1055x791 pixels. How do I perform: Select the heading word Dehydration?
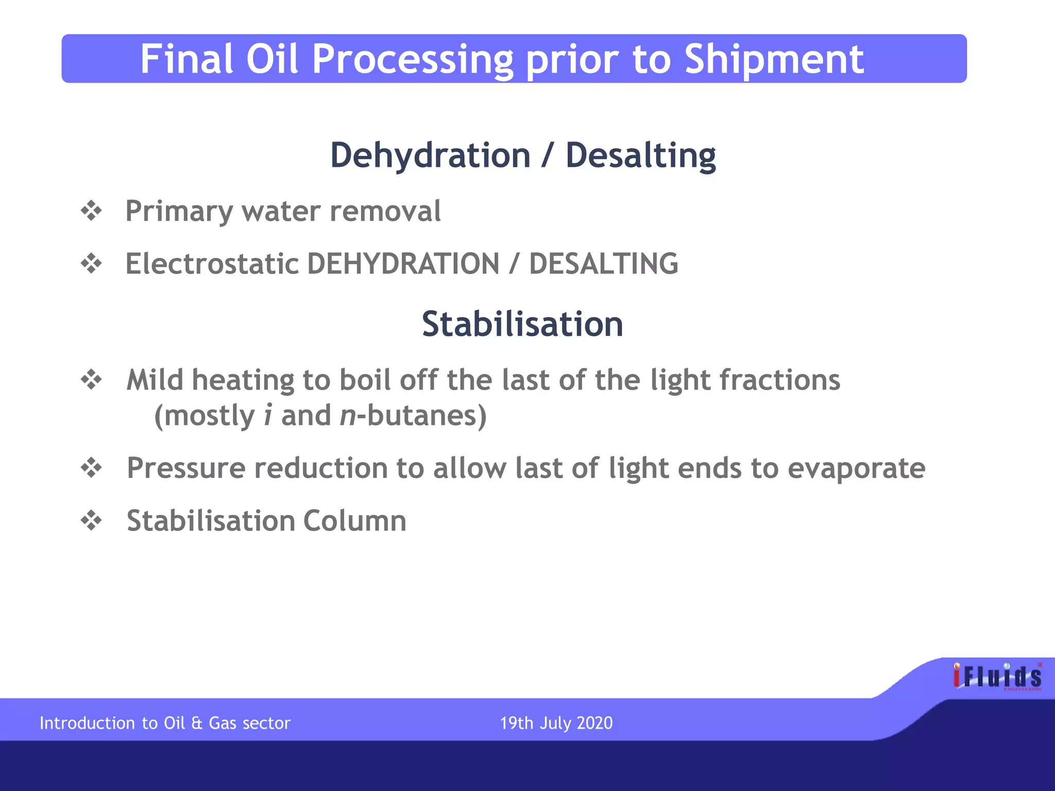(430, 155)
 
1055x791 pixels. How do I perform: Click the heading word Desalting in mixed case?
(640, 155)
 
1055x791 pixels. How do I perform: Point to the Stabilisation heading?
(522, 324)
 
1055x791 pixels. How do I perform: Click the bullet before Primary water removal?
(92, 211)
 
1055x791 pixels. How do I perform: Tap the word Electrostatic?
(212, 264)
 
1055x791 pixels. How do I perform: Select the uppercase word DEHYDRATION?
(403, 264)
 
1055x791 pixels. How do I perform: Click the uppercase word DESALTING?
(603, 264)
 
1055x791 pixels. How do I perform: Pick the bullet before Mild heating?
(92, 380)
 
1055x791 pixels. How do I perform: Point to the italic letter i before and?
(267, 415)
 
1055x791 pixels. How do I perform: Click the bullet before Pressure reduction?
(92, 468)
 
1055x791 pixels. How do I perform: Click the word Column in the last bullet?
(354, 521)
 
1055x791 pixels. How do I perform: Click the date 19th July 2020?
(556, 723)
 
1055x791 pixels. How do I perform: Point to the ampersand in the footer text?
(197, 723)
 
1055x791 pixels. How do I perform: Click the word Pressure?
(186, 468)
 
